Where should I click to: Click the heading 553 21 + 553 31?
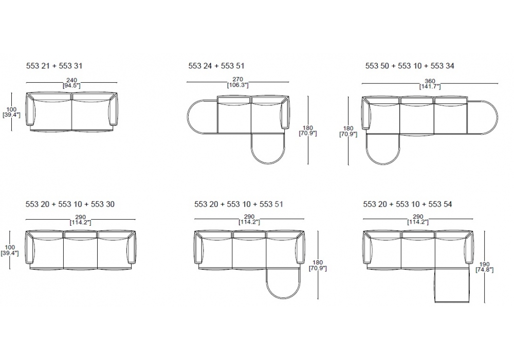click(x=54, y=66)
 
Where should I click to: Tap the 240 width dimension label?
click(x=71, y=80)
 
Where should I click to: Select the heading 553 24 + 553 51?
click(x=216, y=66)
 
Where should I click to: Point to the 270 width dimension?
click(x=237, y=79)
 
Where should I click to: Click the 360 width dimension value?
click(x=430, y=81)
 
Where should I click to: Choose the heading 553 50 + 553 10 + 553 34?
click(x=410, y=66)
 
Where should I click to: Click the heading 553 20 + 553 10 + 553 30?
click(x=70, y=204)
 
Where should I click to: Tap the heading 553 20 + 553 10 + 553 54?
click(x=408, y=204)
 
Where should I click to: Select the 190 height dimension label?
click(x=484, y=264)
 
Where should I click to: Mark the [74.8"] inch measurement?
click(x=485, y=270)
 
